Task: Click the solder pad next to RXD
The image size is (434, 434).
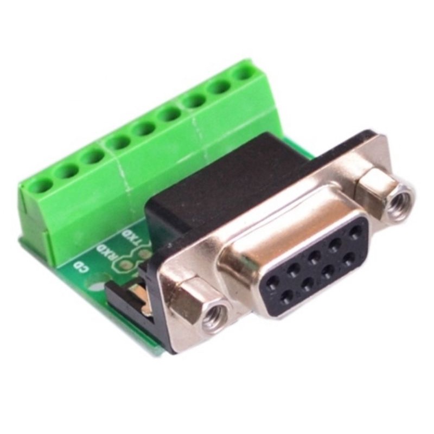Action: [x=126, y=264]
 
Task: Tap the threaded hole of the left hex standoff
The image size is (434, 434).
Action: [x=214, y=314]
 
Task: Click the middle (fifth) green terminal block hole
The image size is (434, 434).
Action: [x=144, y=129]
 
